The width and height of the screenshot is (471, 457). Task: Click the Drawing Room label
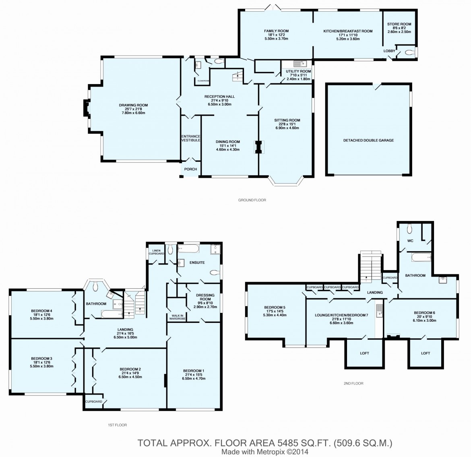pos(133,105)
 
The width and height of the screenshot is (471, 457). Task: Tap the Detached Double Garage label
pos(369,140)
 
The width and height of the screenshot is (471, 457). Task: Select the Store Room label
pos(399,24)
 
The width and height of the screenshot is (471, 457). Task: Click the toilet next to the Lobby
pos(409,53)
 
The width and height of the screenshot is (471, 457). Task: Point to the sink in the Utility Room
pos(300,64)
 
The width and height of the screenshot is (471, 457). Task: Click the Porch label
pos(190,169)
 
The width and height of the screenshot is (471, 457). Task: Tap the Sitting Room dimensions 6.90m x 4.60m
pos(287,128)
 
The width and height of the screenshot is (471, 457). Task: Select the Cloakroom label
pos(203,81)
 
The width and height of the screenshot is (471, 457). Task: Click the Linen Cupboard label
pos(157,252)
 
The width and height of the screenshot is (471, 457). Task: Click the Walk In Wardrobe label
pos(177,317)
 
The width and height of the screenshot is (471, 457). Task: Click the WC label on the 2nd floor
pos(410,241)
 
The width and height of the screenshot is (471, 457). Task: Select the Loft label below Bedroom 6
pos(426,354)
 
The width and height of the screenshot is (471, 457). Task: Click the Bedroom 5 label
pos(275,307)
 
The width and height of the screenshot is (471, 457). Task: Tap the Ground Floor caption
pos(252,200)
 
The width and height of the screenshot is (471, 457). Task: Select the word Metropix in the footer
pos(269,452)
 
